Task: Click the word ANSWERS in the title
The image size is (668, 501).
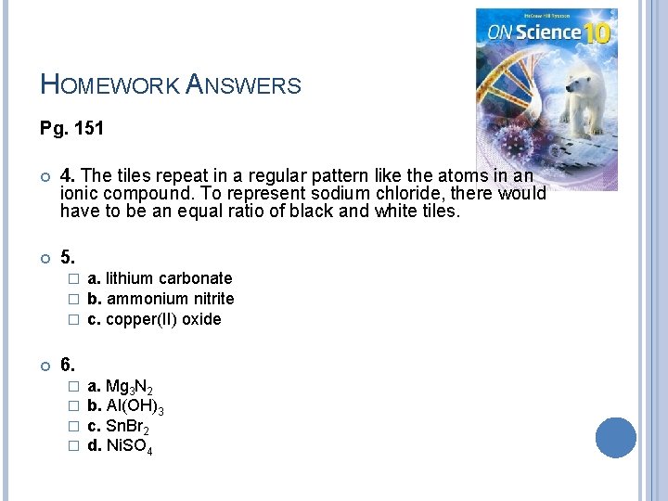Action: coord(243,86)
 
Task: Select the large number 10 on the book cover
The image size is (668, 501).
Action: coord(597,33)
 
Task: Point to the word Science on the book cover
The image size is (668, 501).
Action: coord(547,33)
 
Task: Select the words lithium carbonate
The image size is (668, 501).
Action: coord(169,278)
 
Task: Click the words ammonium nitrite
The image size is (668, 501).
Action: coord(170,299)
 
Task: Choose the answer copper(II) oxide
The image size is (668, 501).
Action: coord(163,319)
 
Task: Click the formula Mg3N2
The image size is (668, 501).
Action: coord(130,387)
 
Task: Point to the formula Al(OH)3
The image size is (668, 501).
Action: coord(135,407)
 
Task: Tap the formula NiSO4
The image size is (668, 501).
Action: coord(130,448)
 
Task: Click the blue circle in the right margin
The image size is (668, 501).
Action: coord(616,437)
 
